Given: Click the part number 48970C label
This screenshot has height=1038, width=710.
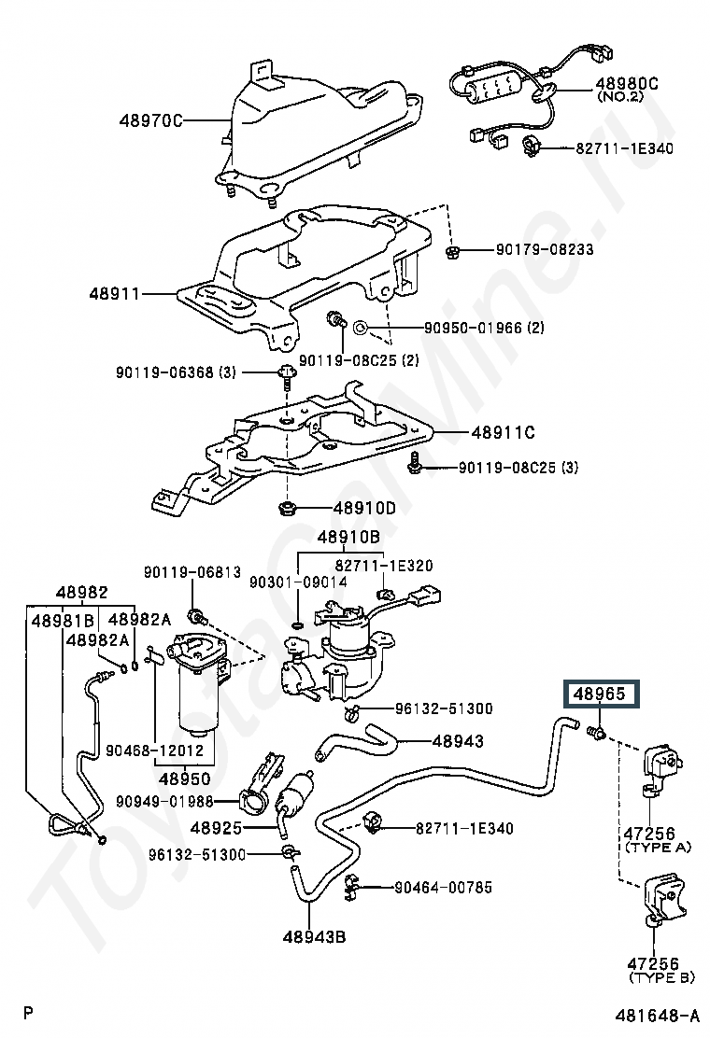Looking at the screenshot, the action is pyautogui.click(x=150, y=120).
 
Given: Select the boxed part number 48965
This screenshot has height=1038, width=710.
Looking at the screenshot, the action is pyautogui.click(x=600, y=694).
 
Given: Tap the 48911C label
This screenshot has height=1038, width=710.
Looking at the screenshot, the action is pyautogui.click(x=504, y=432).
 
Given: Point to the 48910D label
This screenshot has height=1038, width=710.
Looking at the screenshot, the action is pyautogui.click(x=363, y=509).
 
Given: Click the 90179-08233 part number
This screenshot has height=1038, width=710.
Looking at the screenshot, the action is pyautogui.click(x=545, y=249).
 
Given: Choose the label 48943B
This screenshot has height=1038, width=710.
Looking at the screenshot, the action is pyautogui.click(x=315, y=936).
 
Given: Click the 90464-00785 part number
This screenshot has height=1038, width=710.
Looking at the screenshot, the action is pyautogui.click(x=443, y=887).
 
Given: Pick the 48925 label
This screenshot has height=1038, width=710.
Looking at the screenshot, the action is pyautogui.click(x=217, y=827).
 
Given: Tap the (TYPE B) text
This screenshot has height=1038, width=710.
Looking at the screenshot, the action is pyautogui.click(x=661, y=977).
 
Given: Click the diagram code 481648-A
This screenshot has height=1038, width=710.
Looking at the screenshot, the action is pyautogui.click(x=657, y=1016).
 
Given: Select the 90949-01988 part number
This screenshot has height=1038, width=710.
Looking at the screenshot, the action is pyautogui.click(x=165, y=802).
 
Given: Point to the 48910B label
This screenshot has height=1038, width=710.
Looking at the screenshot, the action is pyautogui.click(x=348, y=537).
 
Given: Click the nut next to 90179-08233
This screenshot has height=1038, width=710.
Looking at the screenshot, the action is pyautogui.click(x=453, y=251).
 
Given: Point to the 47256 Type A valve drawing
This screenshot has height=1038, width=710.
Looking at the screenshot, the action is pyautogui.click(x=659, y=772).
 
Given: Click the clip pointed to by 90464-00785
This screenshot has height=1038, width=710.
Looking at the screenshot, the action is pyautogui.click(x=350, y=888).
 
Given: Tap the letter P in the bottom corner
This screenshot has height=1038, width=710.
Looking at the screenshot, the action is pyautogui.click(x=28, y=1012).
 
